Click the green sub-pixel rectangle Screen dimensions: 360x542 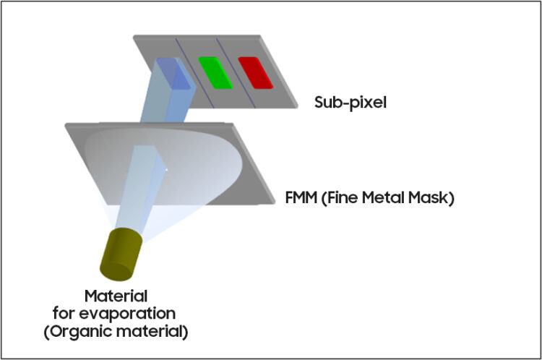(215, 72)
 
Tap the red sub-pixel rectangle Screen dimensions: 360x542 (255, 72)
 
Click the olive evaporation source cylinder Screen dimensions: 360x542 (126, 253)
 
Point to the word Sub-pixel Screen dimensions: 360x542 (350, 102)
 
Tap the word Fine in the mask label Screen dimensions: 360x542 (343, 197)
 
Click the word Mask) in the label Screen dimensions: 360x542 (431, 197)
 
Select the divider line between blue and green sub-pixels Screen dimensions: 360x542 (193, 72)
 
